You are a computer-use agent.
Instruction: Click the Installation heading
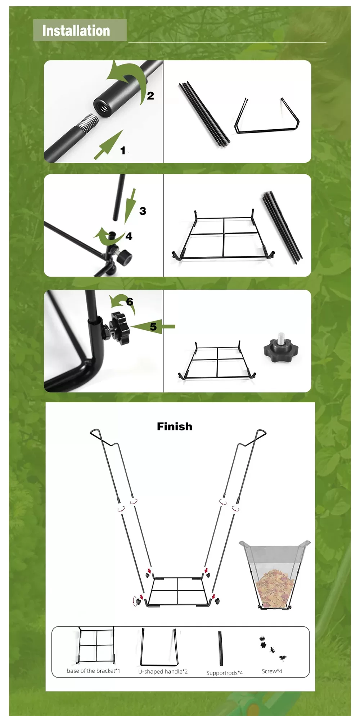click(76, 31)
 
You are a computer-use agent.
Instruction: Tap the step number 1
click(123, 151)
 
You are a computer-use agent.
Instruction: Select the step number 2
click(150, 96)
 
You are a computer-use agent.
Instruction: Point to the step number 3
click(143, 211)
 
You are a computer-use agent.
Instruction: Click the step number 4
click(129, 237)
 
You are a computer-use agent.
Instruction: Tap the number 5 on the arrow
click(153, 327)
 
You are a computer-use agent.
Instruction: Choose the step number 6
click(130, 301)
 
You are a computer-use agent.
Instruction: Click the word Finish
click(175, 426)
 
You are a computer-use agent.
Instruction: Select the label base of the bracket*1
click(93, 671)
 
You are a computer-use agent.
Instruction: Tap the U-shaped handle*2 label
click(163, 672)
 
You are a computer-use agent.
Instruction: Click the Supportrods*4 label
click(225, 673)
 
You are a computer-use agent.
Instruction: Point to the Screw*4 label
click(272, 671)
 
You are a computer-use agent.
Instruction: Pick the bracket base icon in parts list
click(96, 645)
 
